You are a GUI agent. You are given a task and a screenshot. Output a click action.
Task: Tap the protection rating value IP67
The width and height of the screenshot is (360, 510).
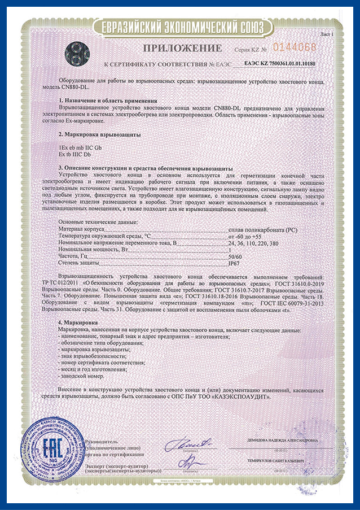pos(234,263)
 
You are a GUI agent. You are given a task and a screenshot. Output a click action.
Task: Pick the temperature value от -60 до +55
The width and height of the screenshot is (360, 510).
pos(246,237)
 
